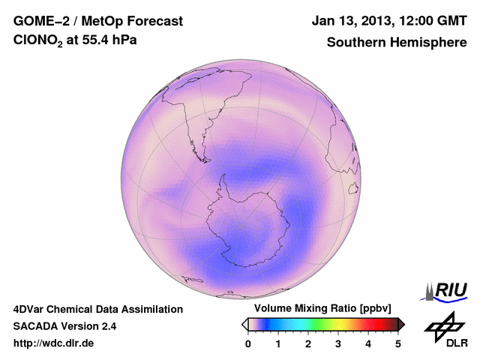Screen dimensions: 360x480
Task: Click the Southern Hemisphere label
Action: pyautogui.click(x=396, y=43)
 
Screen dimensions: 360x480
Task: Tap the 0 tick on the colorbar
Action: pyautogui.click(x=248, y=343)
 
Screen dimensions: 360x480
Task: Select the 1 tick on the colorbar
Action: pyautogui.click(x=278, y=343)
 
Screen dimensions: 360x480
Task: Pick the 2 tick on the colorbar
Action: pyautogui.click(x=308, y=343)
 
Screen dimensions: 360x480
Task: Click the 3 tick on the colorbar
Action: pyautogui.click(x=338, y=343)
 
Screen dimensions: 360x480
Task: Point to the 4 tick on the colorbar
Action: pyautogui.click(x=368, y=343)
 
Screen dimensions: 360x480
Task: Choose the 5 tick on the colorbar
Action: pyautogui.click(x=398, y=343)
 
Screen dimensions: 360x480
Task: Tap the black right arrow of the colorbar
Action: pyautogui.click(x=401, y=324)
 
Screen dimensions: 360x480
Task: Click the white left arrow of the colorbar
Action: pyautogui.click(x=244, y=324)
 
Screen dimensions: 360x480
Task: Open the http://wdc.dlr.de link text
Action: pyautogui.click(x=54, y=343)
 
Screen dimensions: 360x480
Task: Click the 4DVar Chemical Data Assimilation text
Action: pyautogui.click(x=97, y=309)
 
